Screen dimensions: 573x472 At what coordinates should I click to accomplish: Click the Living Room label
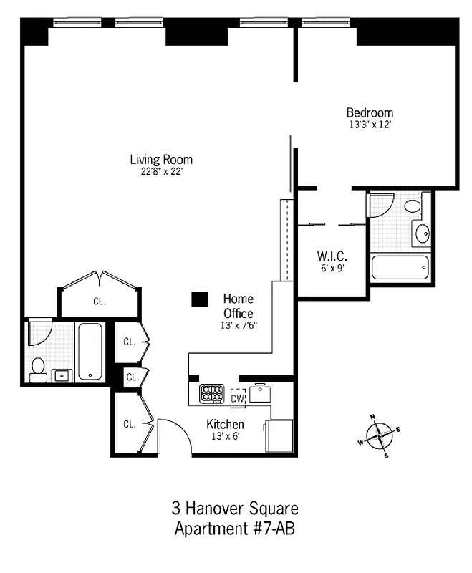click(x=160, y=160)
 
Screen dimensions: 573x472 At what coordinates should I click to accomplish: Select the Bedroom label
click(x=370, y=112)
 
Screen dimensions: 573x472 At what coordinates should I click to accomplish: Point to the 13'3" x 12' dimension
click(x=370, y=124)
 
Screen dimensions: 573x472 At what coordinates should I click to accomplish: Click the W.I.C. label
click(x=332, y=256)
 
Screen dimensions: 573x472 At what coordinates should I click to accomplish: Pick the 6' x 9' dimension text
click(x=332, y=268)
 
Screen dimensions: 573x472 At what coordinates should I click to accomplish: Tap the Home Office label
click(x=238, y=306)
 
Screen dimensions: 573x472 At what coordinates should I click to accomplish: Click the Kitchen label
click(x=225, y=424)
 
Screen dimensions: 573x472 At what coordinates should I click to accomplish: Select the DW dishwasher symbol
click(x=237, y=398)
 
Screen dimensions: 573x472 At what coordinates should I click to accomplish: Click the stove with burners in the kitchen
click(x=211, y=393)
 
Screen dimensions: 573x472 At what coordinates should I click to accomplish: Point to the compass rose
click(x=379, y=434)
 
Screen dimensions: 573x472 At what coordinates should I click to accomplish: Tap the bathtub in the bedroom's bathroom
click(x=400, y=268)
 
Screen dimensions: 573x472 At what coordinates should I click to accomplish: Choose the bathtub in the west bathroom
click(x=90, y=351)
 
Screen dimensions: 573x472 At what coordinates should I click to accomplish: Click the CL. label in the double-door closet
click(x=99, y=302)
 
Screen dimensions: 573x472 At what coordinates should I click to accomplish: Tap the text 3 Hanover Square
click(x=235, y=509)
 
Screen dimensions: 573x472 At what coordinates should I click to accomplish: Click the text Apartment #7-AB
click(x=235, y=529)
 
